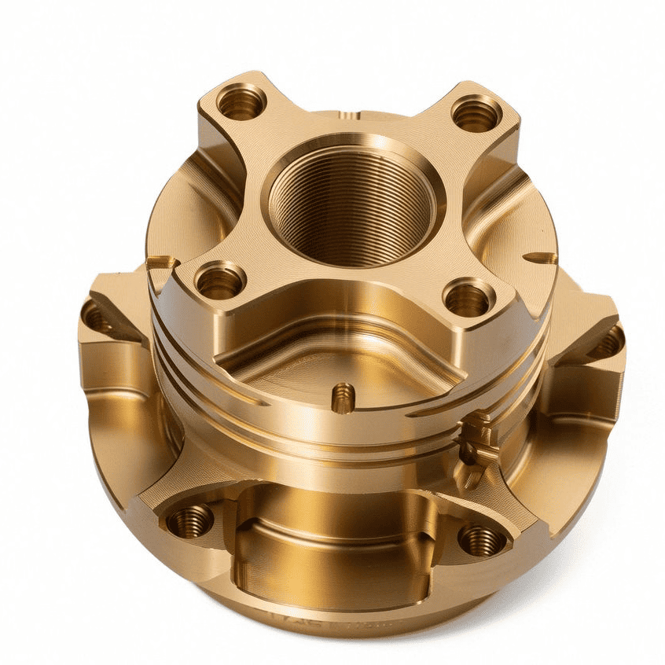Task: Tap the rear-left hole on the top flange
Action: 241,102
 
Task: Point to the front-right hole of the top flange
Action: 468,298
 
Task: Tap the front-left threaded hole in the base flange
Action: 189,520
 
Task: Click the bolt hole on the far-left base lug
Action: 96,318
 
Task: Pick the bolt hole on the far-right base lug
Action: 608,344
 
